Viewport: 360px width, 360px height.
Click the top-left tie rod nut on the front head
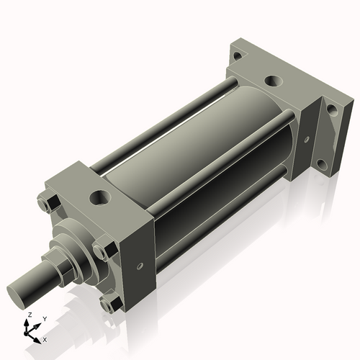[45, 206]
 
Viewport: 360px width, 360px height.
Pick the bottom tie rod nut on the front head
[107, 305]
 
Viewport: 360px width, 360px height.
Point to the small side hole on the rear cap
[307, 140]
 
